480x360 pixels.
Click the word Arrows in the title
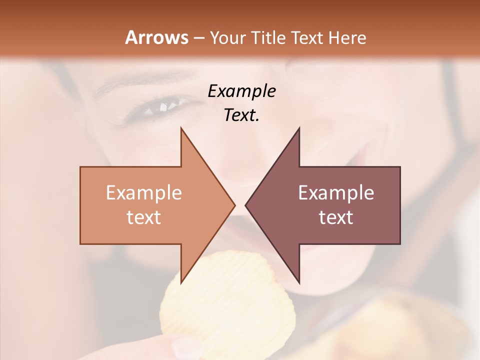tap(157, 37)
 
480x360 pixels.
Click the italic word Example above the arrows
tap(242, 91)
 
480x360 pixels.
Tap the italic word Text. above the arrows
tap(241, 115)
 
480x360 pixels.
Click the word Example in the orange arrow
tap(144, 193)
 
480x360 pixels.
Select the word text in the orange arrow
tap(144, 217)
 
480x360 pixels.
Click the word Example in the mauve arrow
tap(336, 193)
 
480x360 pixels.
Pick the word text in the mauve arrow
tap(336, 217)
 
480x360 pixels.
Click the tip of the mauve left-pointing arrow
tap(246, 204)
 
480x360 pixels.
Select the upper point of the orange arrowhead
tap(181, 128)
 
